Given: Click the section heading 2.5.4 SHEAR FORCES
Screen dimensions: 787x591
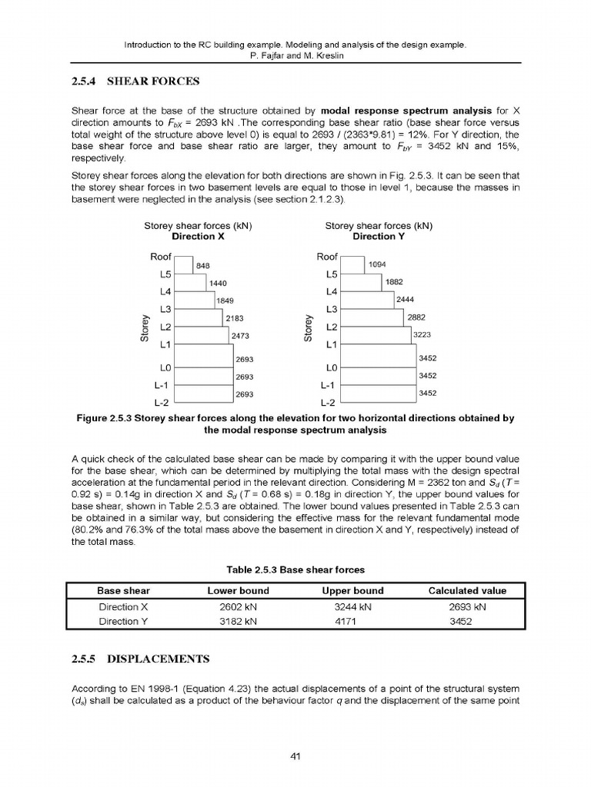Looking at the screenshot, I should pyautogui.click(x=135, y=81).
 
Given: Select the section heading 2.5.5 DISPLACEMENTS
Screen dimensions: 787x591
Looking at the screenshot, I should pyautogui.click(x=139, y=659).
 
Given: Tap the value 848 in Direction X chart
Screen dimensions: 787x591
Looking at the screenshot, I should pyautogui.click(x=203, y=265).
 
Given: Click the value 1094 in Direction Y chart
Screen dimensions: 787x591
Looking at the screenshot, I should pyautogui.click(x=377, y=264).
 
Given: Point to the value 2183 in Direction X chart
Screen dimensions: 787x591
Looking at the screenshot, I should pyautogui.click(x=235, y=317).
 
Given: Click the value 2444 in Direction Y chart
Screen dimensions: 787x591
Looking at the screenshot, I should pyautogui.click(x=406, y=299).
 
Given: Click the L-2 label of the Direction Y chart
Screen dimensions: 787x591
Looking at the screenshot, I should pyautogui.click(x=328, y=402).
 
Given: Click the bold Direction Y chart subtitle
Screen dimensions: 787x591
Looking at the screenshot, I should pyautogui.click(x=379, y=237).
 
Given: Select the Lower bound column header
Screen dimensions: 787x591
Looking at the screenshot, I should pyautogui.click(x=239, y=591).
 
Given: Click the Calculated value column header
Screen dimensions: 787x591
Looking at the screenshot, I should pyautogui.click(x=467, y=591).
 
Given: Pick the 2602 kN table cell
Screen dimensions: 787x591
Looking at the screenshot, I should pyautogui.click(x=239, y=607).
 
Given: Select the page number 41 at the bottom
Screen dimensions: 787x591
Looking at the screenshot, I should pyautogui.click(x=295, y=756).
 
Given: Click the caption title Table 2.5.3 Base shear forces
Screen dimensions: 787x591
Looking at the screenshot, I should pyautogui.click(x=295, y=570).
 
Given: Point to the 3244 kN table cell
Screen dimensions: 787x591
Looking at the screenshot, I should pyautogui.click(x=352, y=607).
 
